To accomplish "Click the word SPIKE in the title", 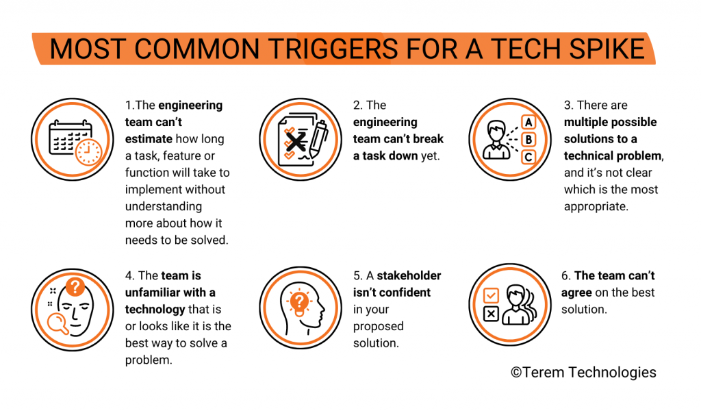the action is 607,49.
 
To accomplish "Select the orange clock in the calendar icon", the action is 88,152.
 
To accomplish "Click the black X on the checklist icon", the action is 296,142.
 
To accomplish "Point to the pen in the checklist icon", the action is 318,138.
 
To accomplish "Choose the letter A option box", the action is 528,122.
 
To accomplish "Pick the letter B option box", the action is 528,140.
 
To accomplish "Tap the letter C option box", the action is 528,157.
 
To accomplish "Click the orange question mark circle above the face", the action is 75,286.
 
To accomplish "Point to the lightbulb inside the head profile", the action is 299,303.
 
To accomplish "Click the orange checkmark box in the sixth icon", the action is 491,295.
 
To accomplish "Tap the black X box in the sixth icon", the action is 491,314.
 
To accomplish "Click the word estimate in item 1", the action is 149,139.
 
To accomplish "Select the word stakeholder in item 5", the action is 409,275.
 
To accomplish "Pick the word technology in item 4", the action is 155,310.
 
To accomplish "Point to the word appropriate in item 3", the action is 596,207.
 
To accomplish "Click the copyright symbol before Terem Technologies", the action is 516,373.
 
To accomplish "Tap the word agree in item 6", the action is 576,293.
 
